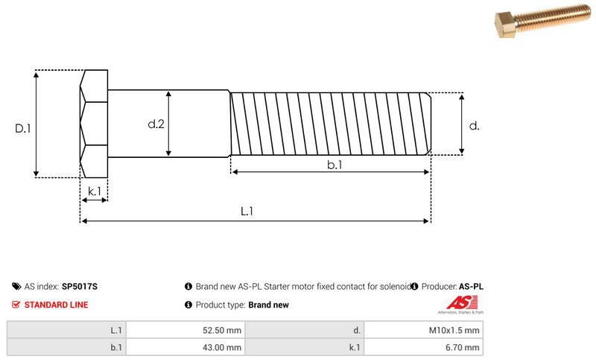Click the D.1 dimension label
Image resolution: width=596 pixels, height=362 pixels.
pos(22,128)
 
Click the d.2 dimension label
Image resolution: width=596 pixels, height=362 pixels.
pos(156,124)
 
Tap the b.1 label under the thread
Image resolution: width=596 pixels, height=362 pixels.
pos(334,165)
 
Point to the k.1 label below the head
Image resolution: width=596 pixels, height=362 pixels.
pos(94,191)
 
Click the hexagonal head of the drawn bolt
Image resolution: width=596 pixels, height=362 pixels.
pos(93,124)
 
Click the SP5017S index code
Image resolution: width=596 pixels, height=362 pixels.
pos(80,286)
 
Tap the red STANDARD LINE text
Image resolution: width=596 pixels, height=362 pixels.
pos(56,305)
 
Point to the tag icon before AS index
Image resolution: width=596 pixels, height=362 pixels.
pos(16,286)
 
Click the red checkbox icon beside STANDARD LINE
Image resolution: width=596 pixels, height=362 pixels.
pos(16,305)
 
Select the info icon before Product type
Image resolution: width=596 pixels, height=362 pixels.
pos(188,305)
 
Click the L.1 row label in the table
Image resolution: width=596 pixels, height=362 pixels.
pos(115,330)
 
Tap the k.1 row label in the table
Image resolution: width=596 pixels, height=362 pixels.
pos(355,347)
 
